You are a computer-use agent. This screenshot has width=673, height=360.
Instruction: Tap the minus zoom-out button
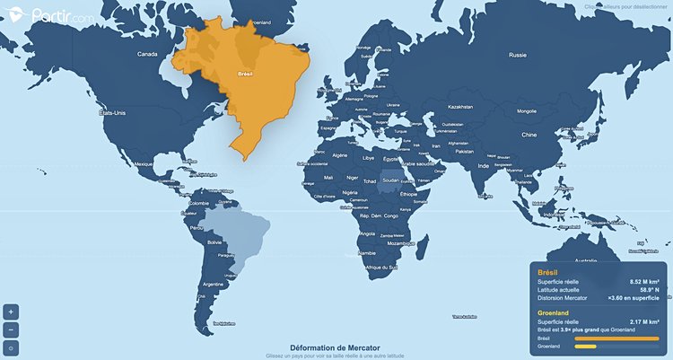click(x=11, y=329)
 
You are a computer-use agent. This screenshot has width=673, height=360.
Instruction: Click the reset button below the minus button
click(x=11, y=347)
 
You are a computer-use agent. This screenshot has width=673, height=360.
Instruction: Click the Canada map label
click(x=147, y=55)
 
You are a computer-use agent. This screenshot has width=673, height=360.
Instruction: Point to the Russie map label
click(x=518, y=55)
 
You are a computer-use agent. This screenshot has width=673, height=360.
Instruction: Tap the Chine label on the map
click(x=529, y=135)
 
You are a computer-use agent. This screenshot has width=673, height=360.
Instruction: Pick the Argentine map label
click(x=213, y=284)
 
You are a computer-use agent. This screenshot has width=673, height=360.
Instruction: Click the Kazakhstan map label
click(x=459, y=106)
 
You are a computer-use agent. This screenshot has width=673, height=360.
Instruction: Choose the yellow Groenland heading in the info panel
click(x=554, y=313)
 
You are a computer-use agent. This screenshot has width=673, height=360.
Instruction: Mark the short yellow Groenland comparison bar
click(x=585, y=347)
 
